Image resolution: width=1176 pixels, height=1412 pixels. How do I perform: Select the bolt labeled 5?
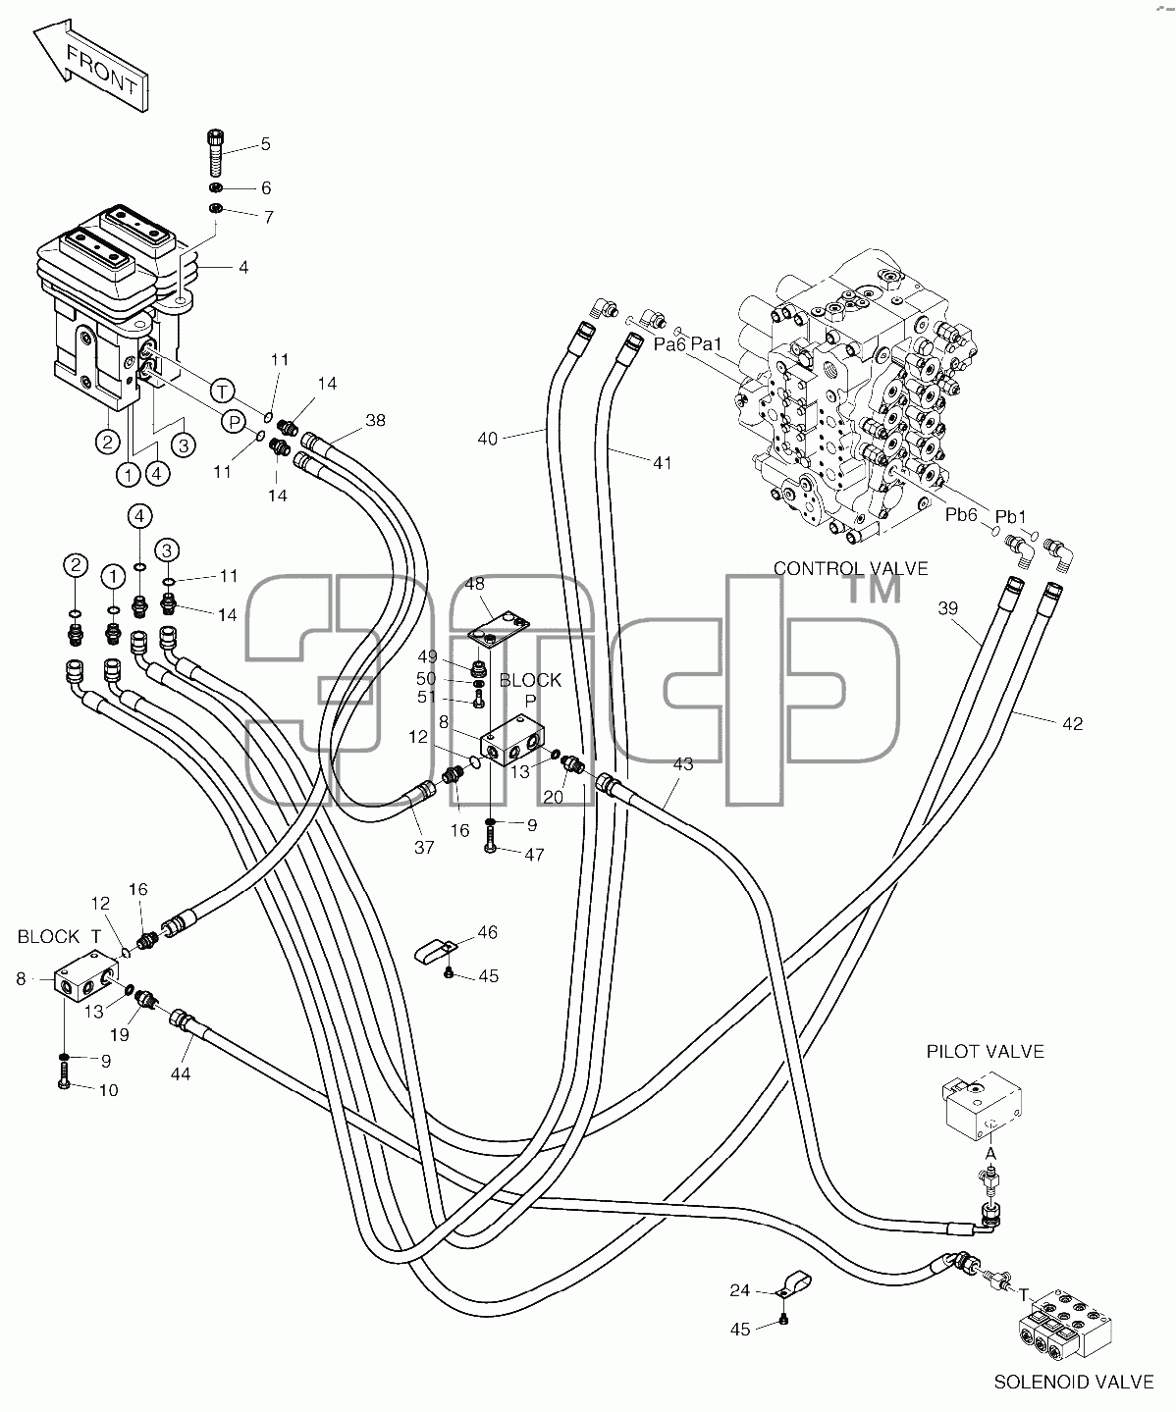(215, 152)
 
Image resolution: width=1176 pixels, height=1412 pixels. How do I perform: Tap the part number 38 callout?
(375, 420)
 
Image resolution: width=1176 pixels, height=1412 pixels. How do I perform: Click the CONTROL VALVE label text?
(850, 568)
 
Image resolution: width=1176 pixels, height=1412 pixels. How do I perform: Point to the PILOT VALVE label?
(985, 1051)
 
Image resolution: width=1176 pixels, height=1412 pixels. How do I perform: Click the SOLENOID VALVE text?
(1074, 1381)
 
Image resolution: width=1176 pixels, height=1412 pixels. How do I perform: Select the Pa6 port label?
(669, 344)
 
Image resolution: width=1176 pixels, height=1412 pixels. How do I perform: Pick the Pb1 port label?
(1011, 517)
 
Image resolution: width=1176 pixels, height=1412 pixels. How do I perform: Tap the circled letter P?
(234, 423)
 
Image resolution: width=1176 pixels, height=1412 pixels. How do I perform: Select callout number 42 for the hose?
(1073, 723)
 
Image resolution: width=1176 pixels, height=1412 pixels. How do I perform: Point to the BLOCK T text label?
(59, 936)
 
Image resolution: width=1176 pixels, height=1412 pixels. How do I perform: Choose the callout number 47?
(534, 855)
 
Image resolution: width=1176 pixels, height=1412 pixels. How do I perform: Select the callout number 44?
(180, 1073)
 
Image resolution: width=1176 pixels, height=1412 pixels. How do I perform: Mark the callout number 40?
(487, 439)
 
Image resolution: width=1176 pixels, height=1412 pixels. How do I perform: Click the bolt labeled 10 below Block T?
(64, 1075)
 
